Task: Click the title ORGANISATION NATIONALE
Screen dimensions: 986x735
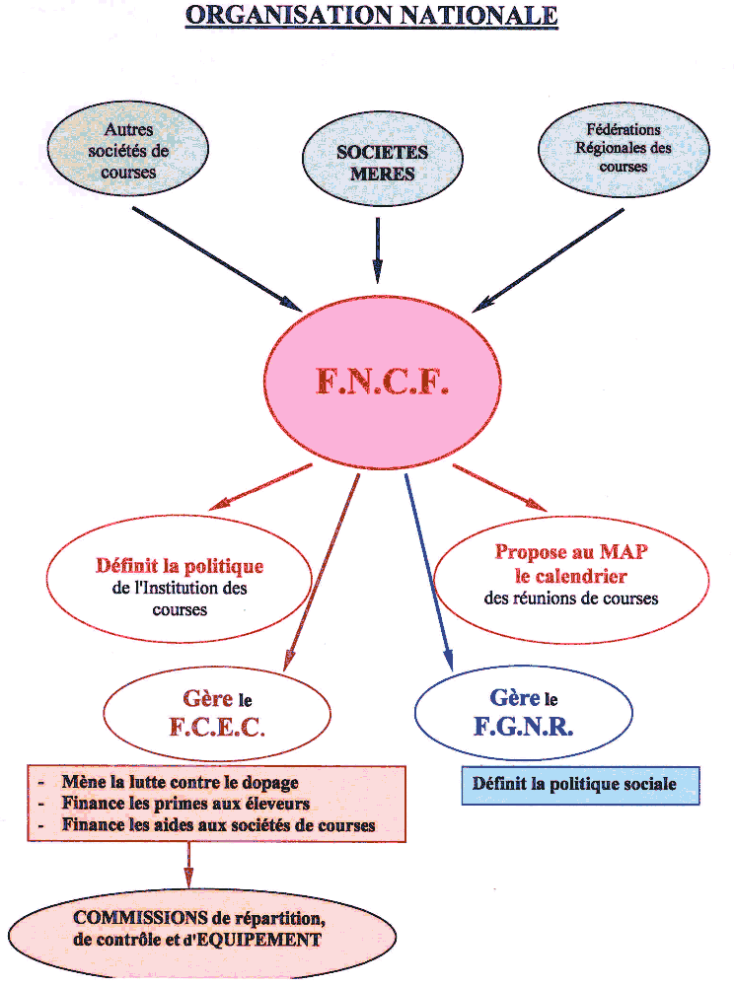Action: (371, 17)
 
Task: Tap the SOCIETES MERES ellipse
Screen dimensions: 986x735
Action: (382, 163)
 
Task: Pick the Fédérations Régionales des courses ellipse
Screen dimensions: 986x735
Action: (624, 148)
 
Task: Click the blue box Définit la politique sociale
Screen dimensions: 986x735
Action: (580, 786)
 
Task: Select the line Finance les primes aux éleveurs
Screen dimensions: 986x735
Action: (185, 804)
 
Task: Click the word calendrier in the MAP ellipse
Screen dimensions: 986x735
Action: (570, 576)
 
